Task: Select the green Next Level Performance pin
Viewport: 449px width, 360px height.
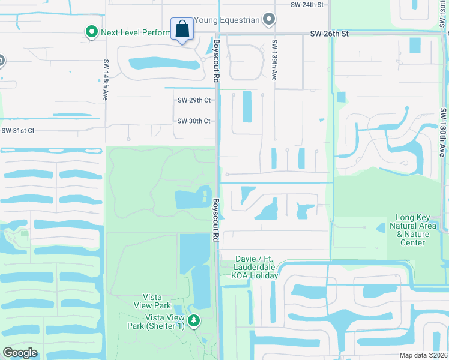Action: click(91, 32)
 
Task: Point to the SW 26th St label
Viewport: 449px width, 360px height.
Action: click(329, 34)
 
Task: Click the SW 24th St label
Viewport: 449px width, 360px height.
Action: click(306, 4)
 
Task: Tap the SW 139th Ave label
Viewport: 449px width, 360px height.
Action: click(274, 61)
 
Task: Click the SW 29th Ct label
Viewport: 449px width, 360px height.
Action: click(194, 100)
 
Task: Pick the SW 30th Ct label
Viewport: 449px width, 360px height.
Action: click(194, 121)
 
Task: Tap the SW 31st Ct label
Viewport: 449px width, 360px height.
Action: click(18, 130)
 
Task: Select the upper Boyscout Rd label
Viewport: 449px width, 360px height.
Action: click(215, 61)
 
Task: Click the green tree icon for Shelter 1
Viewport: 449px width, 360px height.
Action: click(193, 322)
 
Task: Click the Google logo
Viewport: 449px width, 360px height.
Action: click(20, 352)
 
